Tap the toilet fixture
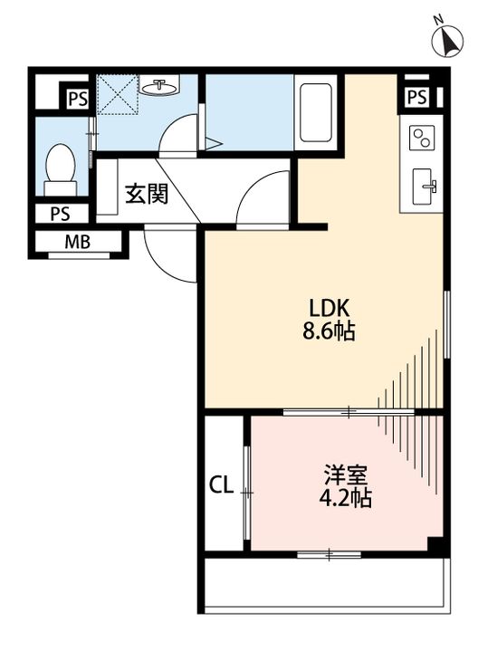[61, 169]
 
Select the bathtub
[315, 112]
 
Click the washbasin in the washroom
[160, 86]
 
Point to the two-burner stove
[421, 138]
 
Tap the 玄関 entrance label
[147, 194]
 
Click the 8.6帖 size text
[329, 331]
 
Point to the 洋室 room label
[346, 475]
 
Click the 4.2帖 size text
[346, 498]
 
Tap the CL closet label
[221, 484]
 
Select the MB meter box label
[77, 242]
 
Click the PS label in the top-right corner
[417, 98]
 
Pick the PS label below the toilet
[61, 214]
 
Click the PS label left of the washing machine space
[78, 100]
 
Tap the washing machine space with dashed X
[117, 94]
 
